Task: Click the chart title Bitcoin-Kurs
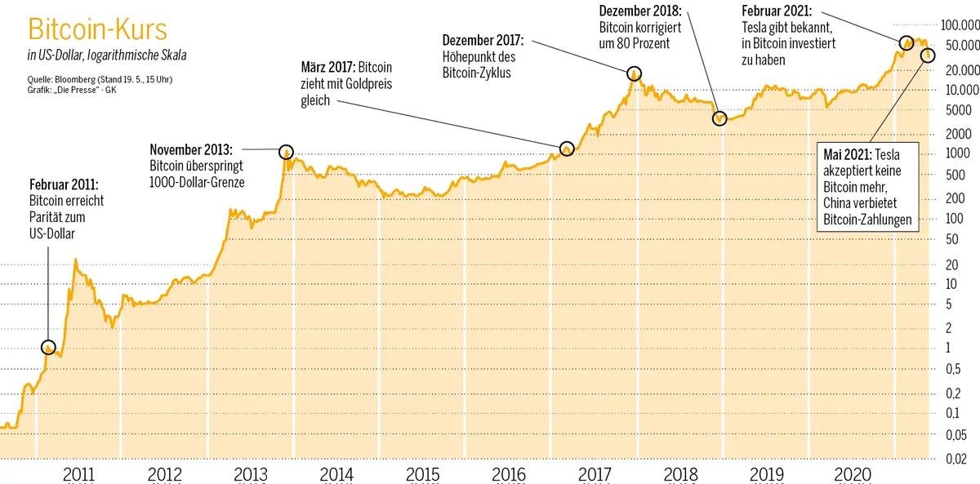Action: pos(97,30)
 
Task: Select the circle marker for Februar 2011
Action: pos(48,348)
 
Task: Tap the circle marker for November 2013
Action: pos(286,152)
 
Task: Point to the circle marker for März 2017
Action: pos(567,149)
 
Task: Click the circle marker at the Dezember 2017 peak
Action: pos(634,74)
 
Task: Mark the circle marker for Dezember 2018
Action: pos(719,118)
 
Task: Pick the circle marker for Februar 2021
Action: pos(906,42)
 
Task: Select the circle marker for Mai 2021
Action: pos(928,55)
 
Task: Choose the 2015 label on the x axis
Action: pos(422,473)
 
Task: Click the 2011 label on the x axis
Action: pos(78,473)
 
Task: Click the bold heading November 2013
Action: pos(191,149)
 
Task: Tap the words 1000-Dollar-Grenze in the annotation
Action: pos(197,182)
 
